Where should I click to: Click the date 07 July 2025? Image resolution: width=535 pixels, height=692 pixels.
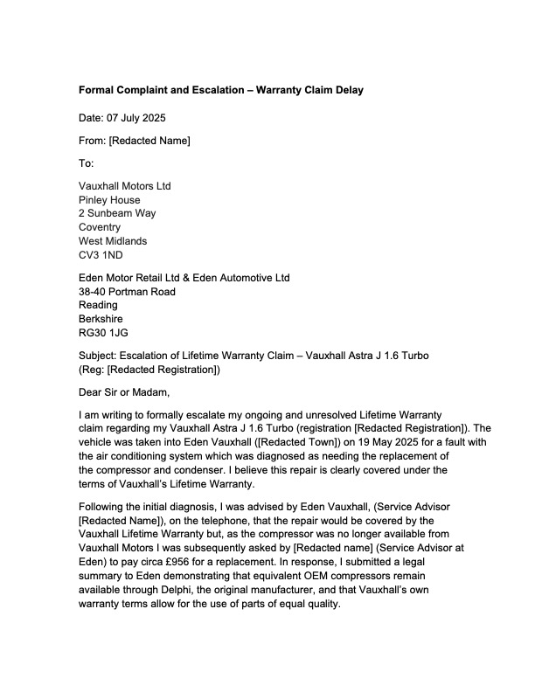[x=136, y=118]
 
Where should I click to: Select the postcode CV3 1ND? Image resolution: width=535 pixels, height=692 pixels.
[x=101, y=255]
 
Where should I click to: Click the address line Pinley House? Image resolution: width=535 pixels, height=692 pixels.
[x=109, y=200]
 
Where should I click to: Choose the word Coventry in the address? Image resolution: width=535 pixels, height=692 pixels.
[x=100, y=227]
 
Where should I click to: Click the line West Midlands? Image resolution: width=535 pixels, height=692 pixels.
[x=113, y=241]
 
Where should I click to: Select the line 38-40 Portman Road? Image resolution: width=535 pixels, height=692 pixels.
[x=127, y=291]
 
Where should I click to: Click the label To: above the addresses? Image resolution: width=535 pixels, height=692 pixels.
[x=86, y=163]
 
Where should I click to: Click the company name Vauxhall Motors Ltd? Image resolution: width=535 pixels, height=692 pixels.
[x=125, y=186]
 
